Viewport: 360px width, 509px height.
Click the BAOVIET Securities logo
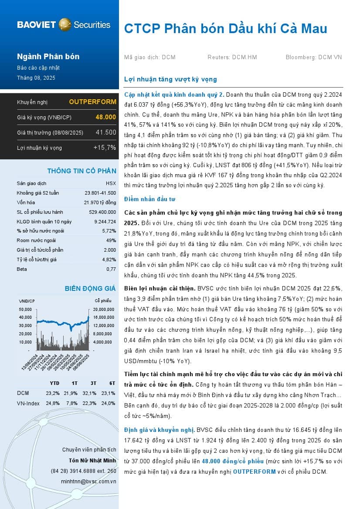(64, 24)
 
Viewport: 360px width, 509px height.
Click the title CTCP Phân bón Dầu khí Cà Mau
(225, 29)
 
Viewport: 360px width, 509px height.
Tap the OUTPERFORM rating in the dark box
(92, 102)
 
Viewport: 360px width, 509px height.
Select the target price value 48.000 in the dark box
(106, 117)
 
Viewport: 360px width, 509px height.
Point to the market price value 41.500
(106, 132)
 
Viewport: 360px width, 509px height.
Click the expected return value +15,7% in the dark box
(105, 148)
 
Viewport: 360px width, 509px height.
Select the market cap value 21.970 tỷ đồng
(100, 202)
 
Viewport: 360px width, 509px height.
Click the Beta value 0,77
(111, 269)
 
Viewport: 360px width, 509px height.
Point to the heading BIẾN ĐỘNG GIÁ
(90, 288)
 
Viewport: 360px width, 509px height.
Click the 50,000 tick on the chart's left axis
(25, 309)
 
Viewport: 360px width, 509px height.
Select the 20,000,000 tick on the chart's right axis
(104, 309)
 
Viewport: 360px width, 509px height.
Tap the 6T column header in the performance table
(112, 383)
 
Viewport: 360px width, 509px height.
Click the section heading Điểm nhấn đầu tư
(149, 199)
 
